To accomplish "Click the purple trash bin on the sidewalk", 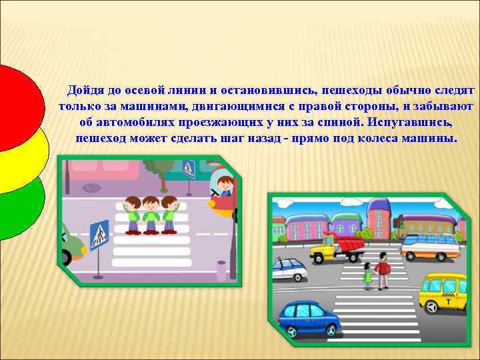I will click(221, 270).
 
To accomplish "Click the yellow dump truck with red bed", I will click(337, 249).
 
